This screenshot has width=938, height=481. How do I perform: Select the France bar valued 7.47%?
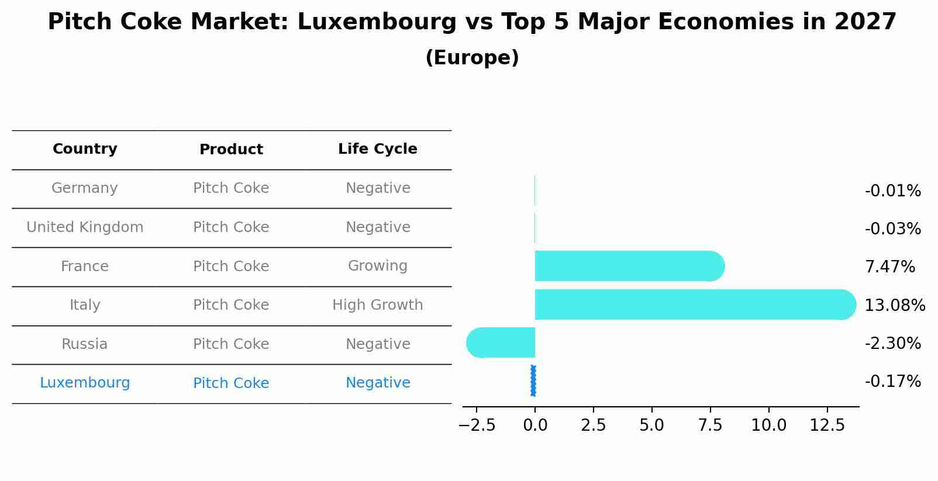629,266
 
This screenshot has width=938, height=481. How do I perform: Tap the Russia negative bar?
501,343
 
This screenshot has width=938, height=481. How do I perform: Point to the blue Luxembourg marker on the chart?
533,380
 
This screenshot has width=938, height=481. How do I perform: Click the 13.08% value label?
894,305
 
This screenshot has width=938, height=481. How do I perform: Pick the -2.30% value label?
892,343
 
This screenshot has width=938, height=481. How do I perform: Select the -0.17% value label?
892,382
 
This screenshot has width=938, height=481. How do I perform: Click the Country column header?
85,149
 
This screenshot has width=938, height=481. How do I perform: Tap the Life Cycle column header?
377,149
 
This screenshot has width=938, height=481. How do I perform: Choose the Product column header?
231,150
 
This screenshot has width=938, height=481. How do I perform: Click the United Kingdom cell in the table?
85,227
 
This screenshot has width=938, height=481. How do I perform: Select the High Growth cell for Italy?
377,305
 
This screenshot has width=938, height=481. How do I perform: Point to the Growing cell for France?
377,266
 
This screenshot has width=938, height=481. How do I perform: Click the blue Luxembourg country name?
85,383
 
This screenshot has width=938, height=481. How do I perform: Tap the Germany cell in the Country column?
85,188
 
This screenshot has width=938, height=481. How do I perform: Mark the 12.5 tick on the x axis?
827,425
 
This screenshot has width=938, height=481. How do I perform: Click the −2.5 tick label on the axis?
477,425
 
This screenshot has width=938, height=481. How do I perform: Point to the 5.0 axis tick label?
651,425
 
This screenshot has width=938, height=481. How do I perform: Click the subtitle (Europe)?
472,58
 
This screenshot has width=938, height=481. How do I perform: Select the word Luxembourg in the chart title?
377,22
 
